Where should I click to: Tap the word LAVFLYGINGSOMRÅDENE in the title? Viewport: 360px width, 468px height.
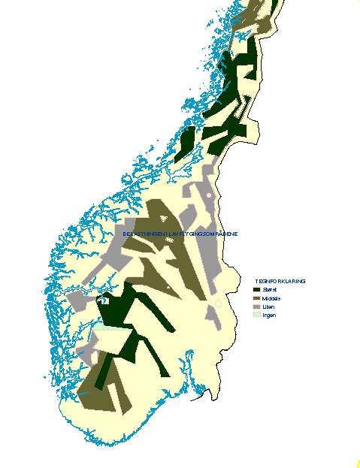pyautogui.click(x=207, y=234)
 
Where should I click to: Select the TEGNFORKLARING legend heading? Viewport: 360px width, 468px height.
pyautogui.click(x=280, y=281)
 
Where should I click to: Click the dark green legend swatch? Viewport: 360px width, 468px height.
pyautogui.click(x=256, y=289)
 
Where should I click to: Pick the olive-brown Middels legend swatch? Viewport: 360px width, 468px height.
pyautogui.click(x=256, y=298)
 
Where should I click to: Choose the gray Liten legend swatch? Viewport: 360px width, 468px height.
pyautogui.click(x=256, y=306)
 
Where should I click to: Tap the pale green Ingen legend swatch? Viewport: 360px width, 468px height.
pyautogui.click(x=256, y=316)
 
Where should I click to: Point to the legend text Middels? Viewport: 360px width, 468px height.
pyautogui.click(x=272, y=298)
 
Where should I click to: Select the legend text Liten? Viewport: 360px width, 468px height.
pyautogui.click(x=269, y=306)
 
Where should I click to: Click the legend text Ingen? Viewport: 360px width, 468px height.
pyautogui.click(x=270, y=316)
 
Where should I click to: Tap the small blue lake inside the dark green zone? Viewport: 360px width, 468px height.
pyautogui.click(x=105, y=300)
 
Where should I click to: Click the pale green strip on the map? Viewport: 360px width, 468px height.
pyautogui.click(x=109, y=328)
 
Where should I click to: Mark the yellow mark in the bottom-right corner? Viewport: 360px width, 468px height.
pyautogui.click(x=358, y=463)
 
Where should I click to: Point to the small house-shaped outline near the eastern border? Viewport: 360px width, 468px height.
pyautogui.click(x=219, y=303)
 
